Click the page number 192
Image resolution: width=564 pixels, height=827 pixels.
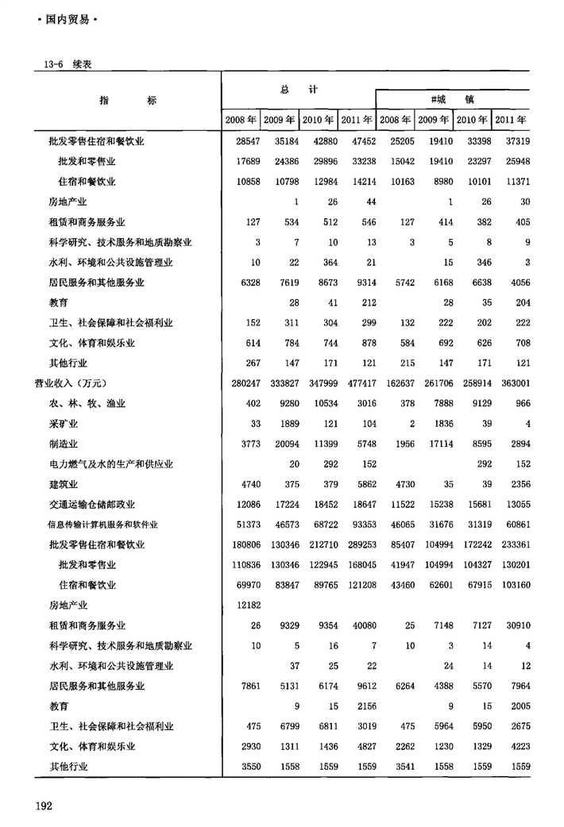[44, 806]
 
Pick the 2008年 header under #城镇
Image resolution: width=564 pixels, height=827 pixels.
[395, 121]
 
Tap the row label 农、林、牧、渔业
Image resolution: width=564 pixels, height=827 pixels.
[87, 404]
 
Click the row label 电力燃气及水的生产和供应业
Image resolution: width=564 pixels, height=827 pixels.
[110, 464]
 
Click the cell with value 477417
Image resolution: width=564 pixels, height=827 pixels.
[357, 383]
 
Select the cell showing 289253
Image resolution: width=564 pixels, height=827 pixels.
[357, 545]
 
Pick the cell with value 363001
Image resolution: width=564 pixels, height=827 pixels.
[512, 383]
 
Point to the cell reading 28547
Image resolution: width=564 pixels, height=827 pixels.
[242, 141]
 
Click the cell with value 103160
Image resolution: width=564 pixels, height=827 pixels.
[512, 586]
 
